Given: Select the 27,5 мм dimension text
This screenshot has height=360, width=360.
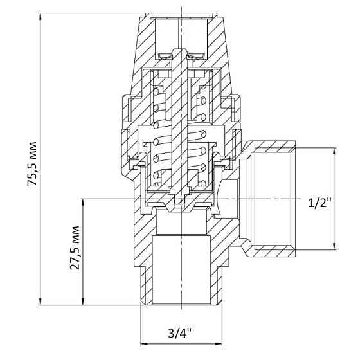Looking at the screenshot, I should tap(75, 251).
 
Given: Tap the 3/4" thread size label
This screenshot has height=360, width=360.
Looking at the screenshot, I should tap(180, 333).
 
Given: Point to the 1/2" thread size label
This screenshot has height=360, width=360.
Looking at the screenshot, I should tap(319, 203).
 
